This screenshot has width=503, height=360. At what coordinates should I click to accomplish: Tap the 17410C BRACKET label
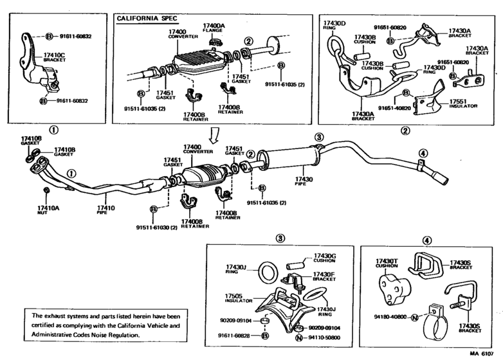tap(54, 59)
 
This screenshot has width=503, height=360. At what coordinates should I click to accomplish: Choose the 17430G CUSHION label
tap(325, 258)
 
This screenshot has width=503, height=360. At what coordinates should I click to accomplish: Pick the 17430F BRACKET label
tap(325, 276)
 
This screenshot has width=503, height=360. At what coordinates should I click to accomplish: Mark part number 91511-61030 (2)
tap(156, 227)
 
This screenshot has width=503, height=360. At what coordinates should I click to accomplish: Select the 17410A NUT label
tap(48, 210)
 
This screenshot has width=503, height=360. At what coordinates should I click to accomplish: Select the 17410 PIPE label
tap(105, 210)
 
